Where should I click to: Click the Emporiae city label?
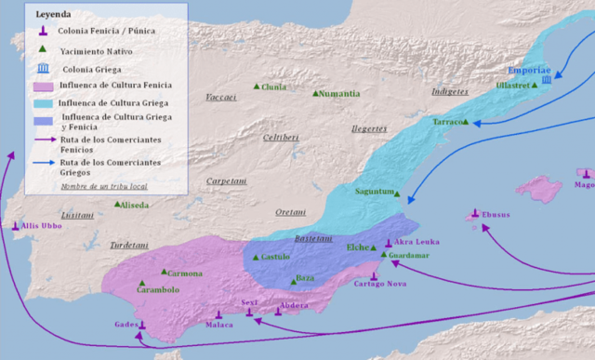pos(529,71)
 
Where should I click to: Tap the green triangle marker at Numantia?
pos(316,93)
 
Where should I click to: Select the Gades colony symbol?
pos(142,326)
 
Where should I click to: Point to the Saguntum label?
pos(374,192)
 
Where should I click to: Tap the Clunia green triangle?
pos(257,87)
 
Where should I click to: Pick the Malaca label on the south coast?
pos(219,326)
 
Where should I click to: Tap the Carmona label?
pos(185,273)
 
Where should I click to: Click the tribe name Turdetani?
pos(129,246)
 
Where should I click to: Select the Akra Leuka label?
pos(416,242)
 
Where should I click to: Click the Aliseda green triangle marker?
pos(117,204)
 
